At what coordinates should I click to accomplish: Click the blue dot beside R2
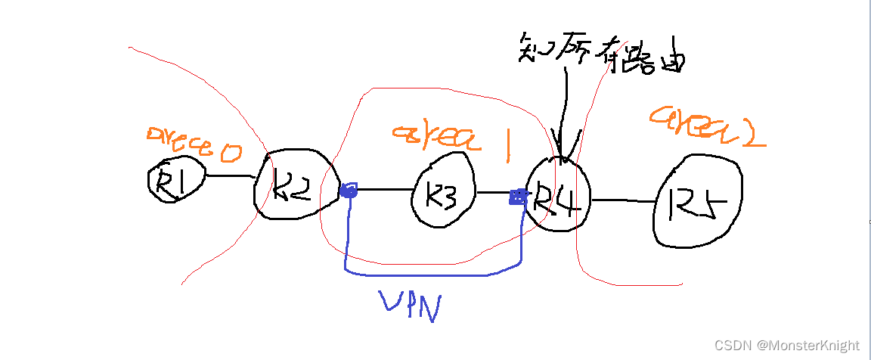coord(348,191)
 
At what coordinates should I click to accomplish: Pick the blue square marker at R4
coord(518,198)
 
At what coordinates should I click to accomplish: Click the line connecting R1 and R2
coord(229,176)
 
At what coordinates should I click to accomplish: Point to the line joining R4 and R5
coord(621,201)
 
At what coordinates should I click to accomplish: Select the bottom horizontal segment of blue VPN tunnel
coord(431,273)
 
